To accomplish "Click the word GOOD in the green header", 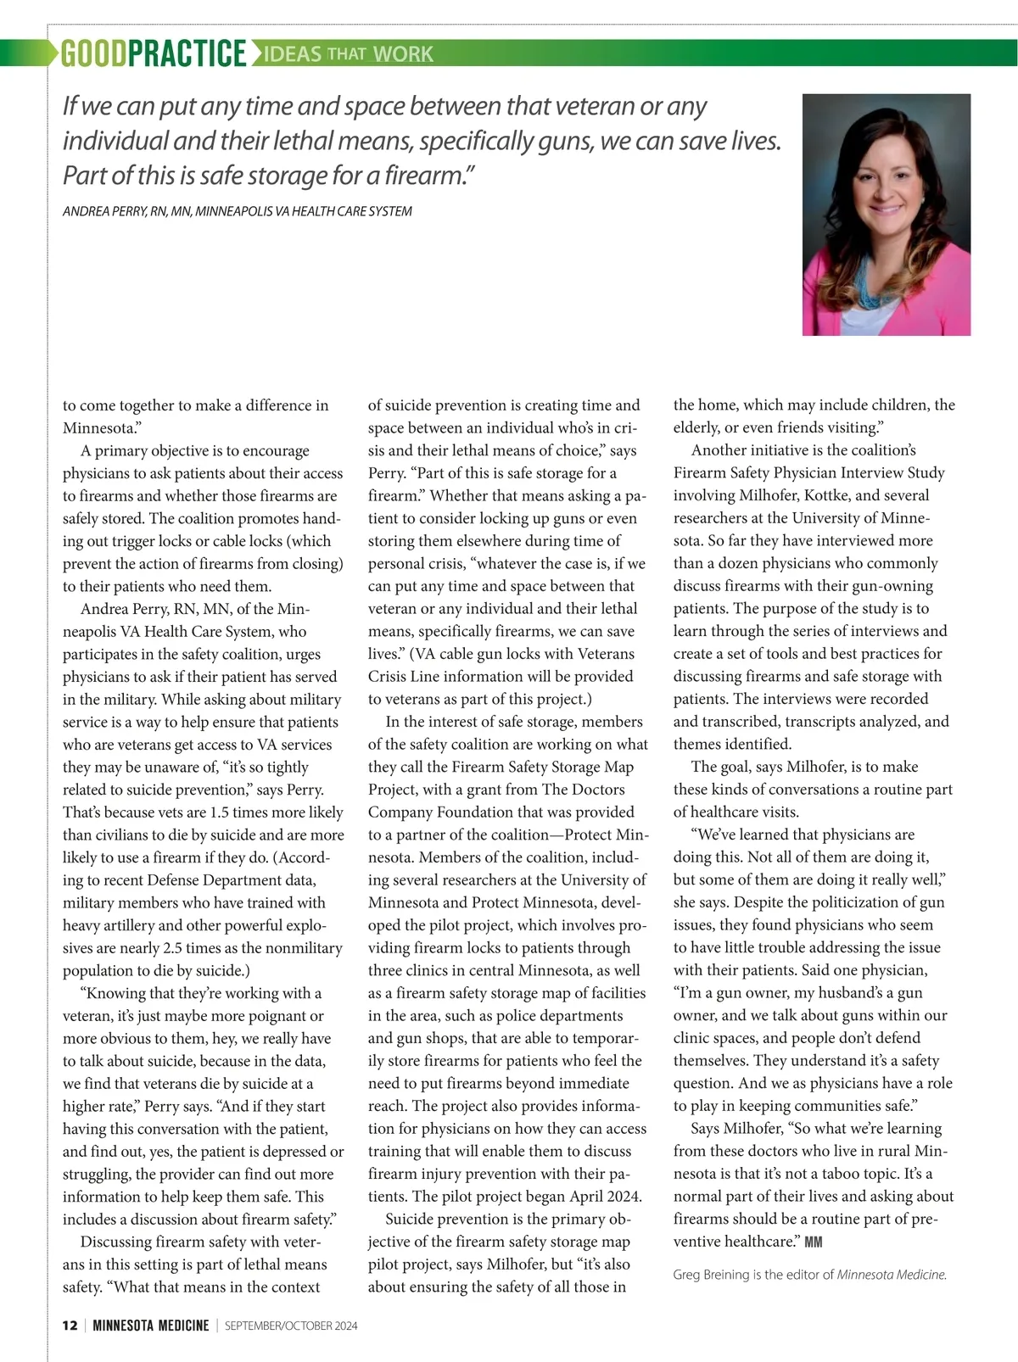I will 93,53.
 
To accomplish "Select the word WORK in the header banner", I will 403,54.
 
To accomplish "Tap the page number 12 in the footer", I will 70,1326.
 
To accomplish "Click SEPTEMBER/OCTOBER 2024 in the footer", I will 291,1326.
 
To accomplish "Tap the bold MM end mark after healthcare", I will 813,1242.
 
